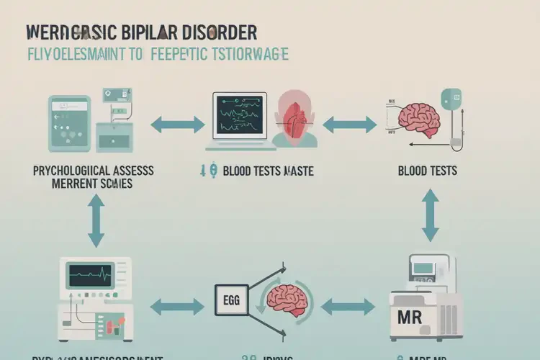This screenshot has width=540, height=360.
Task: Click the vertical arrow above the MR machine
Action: pyautogui.click(x=430, y=215)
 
